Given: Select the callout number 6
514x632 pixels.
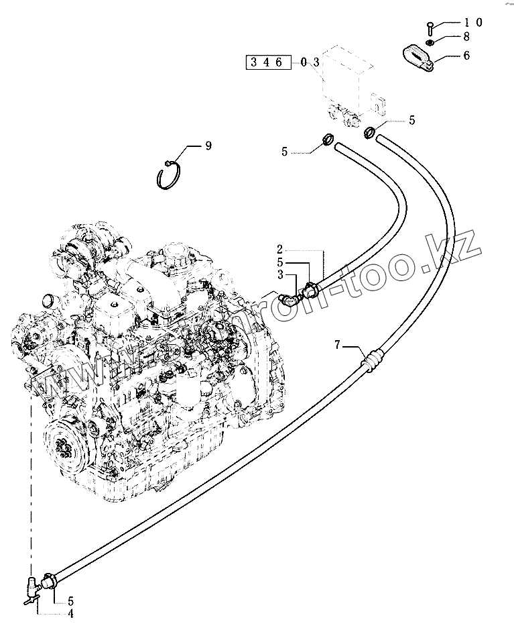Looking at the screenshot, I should coord(466,56).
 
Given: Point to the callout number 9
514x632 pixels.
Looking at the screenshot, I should coord(208,146).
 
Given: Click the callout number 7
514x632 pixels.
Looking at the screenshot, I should coord(338,345).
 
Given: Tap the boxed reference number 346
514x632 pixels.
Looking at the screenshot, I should coord(269,62).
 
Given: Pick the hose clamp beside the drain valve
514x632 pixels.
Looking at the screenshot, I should coord(48,579).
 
